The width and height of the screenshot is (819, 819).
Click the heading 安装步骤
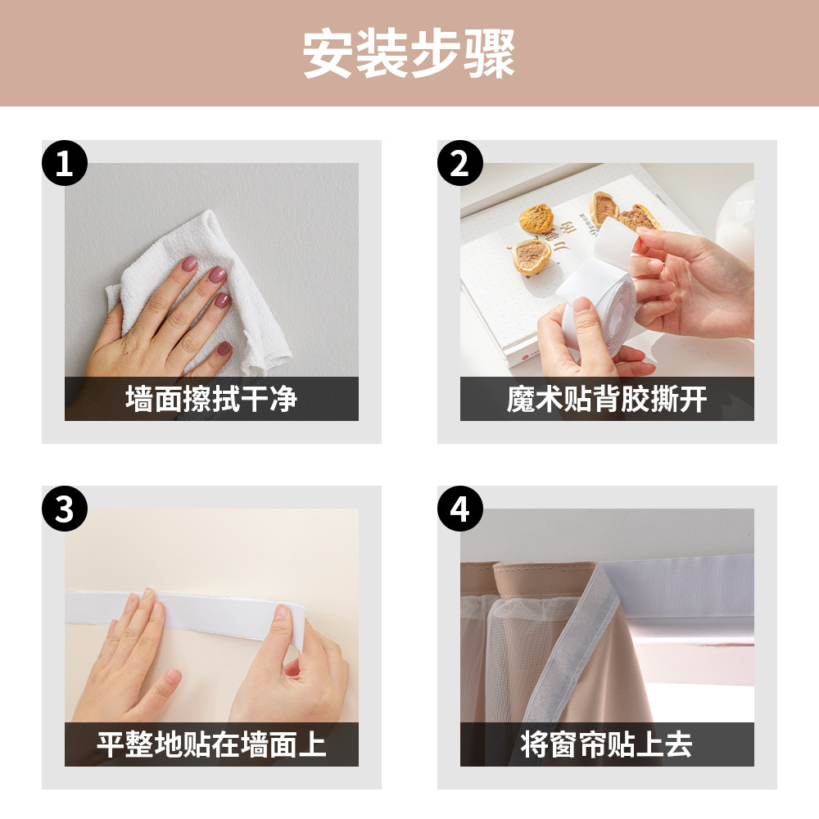pos(409,54)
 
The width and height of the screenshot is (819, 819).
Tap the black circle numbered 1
pos(64,163)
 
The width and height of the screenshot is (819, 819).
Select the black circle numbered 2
pos(459,163)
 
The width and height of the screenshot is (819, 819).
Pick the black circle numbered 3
pos(64,509)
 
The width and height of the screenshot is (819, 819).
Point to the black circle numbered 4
pos(459,509)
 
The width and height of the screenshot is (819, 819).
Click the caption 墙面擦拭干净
pos(211,399)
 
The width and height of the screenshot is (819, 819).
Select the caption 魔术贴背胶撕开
pos(607,399)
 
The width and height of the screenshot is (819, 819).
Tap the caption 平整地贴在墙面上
pos(211,744)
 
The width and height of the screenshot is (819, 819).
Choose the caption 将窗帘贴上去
pos(607,744)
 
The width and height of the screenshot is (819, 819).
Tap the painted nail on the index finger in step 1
pos(189,264)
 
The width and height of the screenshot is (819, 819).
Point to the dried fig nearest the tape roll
pos(531,256)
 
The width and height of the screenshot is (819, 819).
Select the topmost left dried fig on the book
pos(536,219)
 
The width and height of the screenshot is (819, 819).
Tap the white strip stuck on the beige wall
pos(183,611)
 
